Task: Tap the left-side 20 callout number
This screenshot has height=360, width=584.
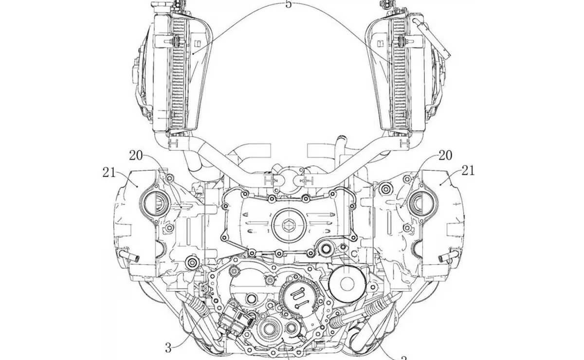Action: (x=136, y=156)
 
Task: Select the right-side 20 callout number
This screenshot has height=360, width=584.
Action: (x=445, y=156)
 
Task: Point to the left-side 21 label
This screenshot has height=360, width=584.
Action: (x=110, y=171)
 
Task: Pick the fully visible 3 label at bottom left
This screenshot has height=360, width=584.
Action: (x=168, y=347)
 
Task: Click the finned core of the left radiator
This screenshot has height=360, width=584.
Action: (x=178, y=73)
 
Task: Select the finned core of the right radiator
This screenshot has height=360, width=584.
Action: (x=400, y=73)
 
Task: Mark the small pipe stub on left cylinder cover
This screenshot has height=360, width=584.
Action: (x=132, y=256)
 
